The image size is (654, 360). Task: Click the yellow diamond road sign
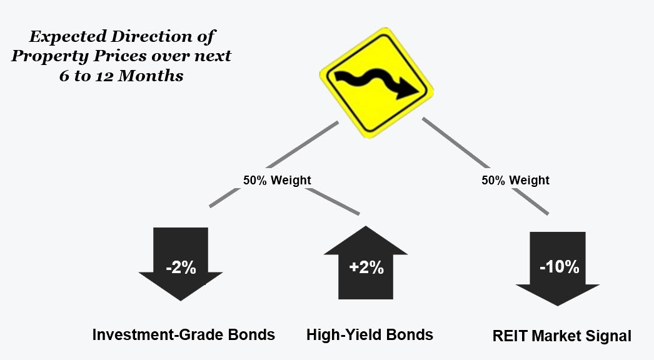(x=376, y=82)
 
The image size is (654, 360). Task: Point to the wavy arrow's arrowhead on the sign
(x=406, y=89)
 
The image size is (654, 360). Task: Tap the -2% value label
(x=181, y=267)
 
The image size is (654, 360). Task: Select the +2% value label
(x=366, y=267)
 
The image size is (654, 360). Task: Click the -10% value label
(x=560, y=266)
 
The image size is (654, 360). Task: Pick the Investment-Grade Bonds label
(x=184, y=334)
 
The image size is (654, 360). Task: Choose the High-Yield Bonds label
(x=370, y=334)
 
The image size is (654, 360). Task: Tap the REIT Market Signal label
(x=562, y=336)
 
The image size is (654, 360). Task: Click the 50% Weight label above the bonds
(x=277, y=180)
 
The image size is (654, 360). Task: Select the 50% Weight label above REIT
(x=516, y=180)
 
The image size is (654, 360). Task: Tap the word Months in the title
(x=151, y=76)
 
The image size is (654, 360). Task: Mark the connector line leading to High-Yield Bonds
(x=333, y=201)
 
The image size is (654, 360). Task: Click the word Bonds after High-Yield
(x=409, y=334)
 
